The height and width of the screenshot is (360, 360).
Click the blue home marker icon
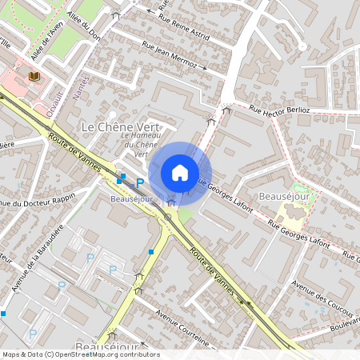180,173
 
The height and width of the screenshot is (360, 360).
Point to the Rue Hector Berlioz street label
279,109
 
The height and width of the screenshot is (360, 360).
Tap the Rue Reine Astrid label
183,26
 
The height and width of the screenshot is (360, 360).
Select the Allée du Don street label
86,25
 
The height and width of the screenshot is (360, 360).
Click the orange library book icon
34,77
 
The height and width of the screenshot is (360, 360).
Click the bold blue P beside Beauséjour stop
139,183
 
